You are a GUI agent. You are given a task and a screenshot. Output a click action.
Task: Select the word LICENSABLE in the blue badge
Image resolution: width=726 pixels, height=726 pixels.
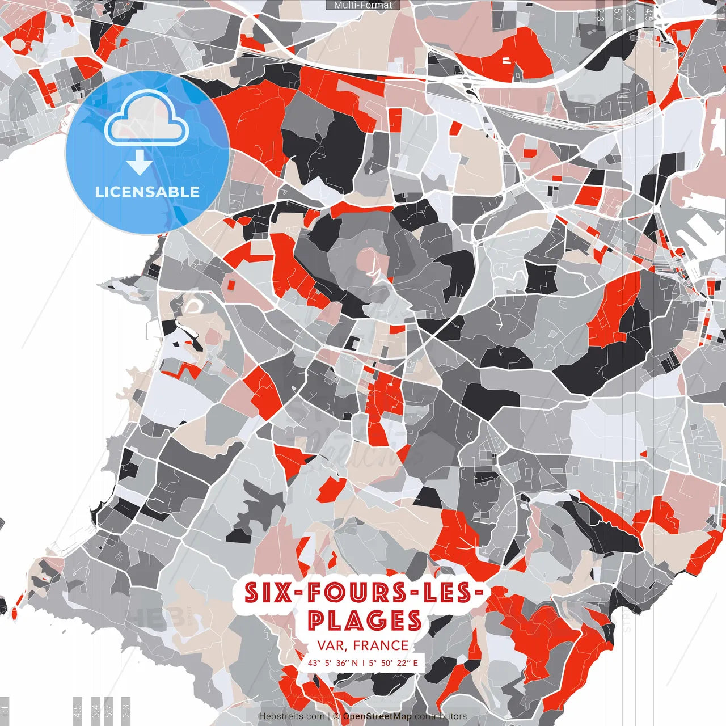147,192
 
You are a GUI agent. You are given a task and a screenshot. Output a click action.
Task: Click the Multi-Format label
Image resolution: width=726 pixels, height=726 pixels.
363,5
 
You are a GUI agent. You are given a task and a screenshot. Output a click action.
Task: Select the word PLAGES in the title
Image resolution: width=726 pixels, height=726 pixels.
365,621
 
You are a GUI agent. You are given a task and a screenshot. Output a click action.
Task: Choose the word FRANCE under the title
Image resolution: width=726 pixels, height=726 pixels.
381,645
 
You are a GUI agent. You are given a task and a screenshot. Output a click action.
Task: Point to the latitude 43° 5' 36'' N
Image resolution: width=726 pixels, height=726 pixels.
333,662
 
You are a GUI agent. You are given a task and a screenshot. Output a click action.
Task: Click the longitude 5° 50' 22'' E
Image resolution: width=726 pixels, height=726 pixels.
393,662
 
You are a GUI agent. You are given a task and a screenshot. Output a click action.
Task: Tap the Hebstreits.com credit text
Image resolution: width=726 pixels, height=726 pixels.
292,716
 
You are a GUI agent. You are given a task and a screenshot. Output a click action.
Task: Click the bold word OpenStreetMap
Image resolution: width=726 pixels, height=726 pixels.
377,716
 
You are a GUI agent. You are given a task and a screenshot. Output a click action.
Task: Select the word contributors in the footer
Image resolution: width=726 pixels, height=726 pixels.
440,716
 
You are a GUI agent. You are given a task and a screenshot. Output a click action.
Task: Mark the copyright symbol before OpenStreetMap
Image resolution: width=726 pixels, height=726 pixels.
336,716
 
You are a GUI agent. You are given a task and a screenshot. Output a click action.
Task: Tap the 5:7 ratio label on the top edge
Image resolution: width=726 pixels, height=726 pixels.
617,14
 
